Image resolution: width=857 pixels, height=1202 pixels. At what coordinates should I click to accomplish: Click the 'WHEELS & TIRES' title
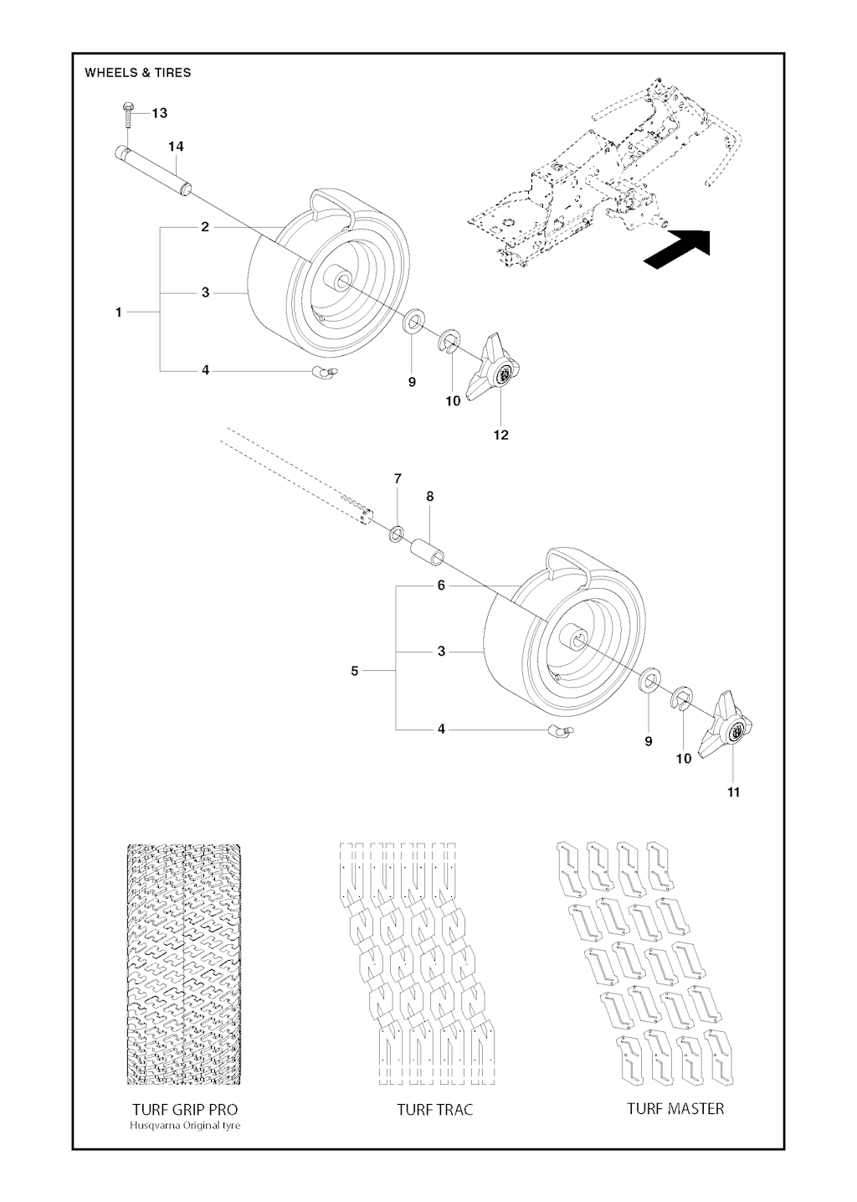pyautogui.click(x=137, y=72)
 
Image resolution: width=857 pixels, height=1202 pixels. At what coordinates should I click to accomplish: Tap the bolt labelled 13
pyautogui.click(x=128, y=114)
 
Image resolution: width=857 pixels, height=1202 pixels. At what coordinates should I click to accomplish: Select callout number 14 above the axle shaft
pyautogui.click(x=176, y=147)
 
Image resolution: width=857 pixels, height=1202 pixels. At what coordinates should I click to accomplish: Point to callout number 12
pyautogui.click(x=501, y=435)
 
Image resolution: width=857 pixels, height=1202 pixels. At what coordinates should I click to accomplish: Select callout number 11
pyautogui.click(x=733, y=792)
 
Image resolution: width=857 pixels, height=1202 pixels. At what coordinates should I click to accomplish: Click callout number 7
pyautogui.click(x=398, y=478)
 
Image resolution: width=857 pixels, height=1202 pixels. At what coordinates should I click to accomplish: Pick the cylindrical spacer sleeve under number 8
pyautogui.click(x=428, y=553)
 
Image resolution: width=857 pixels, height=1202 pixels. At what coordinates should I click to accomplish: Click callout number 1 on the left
pyautogui.click(x=119, y=312)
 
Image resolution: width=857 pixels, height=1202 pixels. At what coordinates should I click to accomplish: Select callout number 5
pyautogui.click(x=355, y=671)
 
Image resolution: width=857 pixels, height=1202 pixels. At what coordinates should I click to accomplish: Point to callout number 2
pyautogui.click(x=205, y=227)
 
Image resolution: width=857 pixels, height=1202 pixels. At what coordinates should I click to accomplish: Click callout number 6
pyautogui.click(x=441, y=586)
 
